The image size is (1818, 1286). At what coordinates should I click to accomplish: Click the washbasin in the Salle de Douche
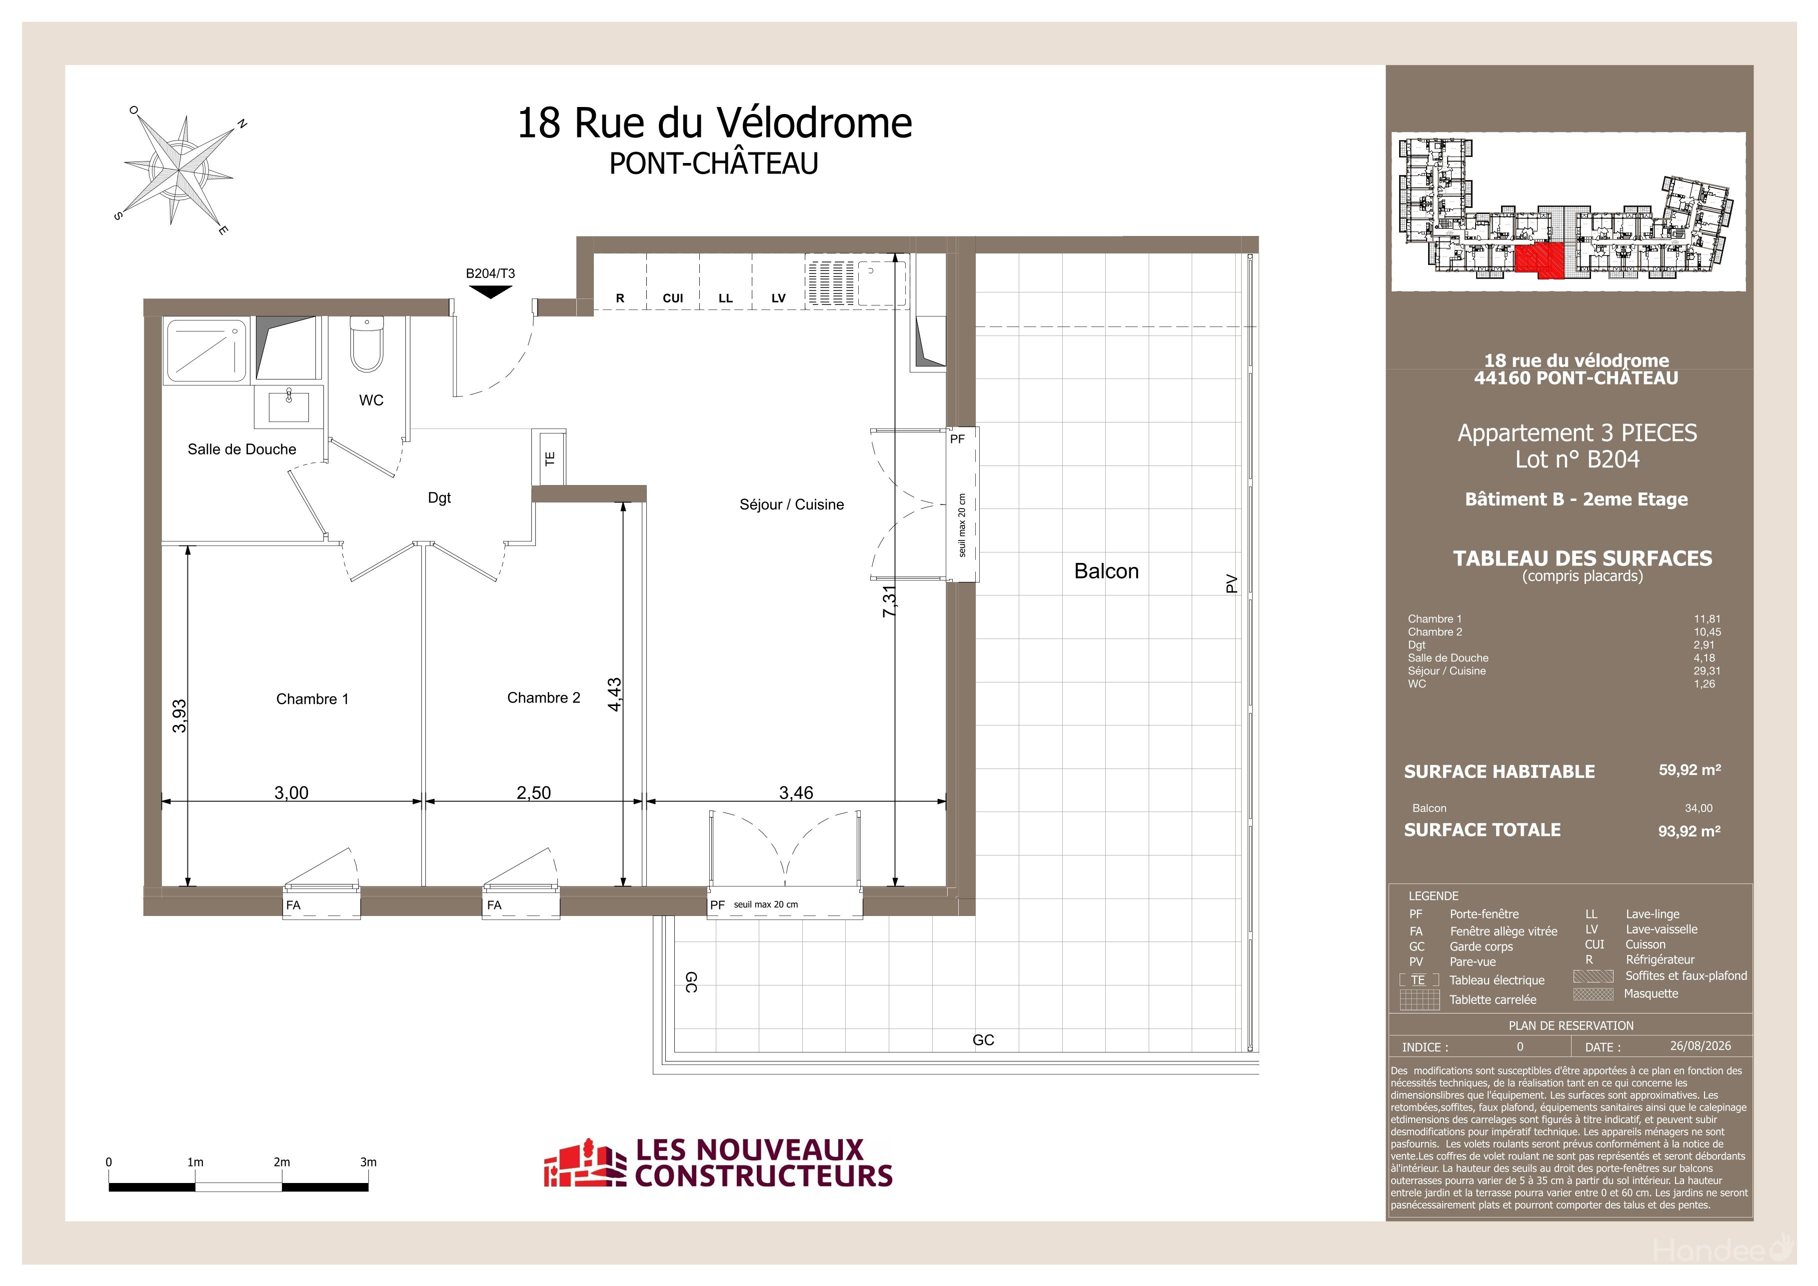(x=289, y=406)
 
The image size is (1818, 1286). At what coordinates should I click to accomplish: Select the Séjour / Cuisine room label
(x=792, y=504)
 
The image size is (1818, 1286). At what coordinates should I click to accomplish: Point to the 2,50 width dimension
(x=534, y=792)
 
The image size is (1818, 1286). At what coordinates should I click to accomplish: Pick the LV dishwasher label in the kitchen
(x=778, y=298)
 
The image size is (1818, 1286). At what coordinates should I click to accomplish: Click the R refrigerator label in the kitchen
(x=620, y=298)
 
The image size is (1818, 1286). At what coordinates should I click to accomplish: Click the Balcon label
(x=1106, y=571)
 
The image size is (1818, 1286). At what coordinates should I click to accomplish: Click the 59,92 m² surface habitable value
(x=1690, y=769)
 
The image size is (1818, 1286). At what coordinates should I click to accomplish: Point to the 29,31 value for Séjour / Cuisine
(x=1707, y=670)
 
